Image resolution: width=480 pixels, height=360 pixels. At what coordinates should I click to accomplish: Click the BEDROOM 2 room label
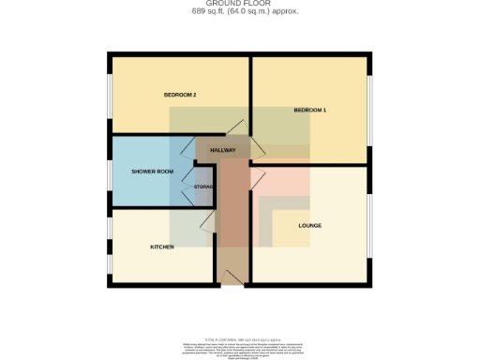click(179, 95)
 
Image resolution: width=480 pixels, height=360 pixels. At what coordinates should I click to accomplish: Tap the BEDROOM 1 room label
click(309, 111)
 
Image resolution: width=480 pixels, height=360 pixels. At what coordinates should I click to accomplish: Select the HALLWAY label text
click(222, 150)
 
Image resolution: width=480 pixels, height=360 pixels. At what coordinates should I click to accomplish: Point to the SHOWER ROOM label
click(153, 172)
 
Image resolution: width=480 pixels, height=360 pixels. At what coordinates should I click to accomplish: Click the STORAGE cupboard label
click(204, 187)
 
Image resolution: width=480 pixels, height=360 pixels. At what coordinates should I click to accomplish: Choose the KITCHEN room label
click(163, 247)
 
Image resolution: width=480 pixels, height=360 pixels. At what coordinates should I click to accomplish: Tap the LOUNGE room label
click(310, 226)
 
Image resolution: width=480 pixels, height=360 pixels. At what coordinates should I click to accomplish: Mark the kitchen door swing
click(208, 220)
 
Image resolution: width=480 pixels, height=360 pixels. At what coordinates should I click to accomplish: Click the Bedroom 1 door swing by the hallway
click(259, 145)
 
